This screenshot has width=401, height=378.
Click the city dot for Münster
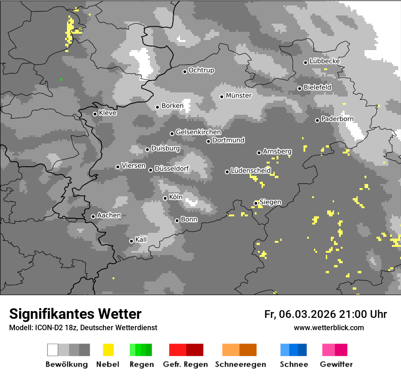click(x=221, y=97)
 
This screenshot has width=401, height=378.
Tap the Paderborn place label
click(x=337, y=119)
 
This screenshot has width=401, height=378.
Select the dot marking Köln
click(x=165, y=198)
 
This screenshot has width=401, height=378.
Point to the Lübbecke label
click(x=324, y=61)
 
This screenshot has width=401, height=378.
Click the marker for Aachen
click(x=93, y=216)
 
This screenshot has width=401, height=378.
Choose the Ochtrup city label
click(x=201, y=70)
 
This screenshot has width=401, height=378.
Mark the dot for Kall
click(x=131, y=241)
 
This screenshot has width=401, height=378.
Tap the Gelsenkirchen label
click(x=198, y=132)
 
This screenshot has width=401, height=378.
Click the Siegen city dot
click(x=256, y=203)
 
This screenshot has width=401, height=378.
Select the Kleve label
click(x=108, y=113)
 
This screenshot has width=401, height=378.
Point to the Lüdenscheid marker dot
click(x=227, y=172)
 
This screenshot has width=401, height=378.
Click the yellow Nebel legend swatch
click(x=108, y=350)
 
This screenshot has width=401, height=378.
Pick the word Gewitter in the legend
click(x=336, y=364)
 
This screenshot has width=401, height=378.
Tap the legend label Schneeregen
click(x=240, y=364)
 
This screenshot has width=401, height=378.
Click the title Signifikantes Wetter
click(x=75, y=314)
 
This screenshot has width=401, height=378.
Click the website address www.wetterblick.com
click(x=329, y=327)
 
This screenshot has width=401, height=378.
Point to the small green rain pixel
click(x=61, y=79)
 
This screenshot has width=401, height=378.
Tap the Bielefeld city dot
click(x=299, y=88)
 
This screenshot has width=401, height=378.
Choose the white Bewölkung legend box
click(x=53, y=350)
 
